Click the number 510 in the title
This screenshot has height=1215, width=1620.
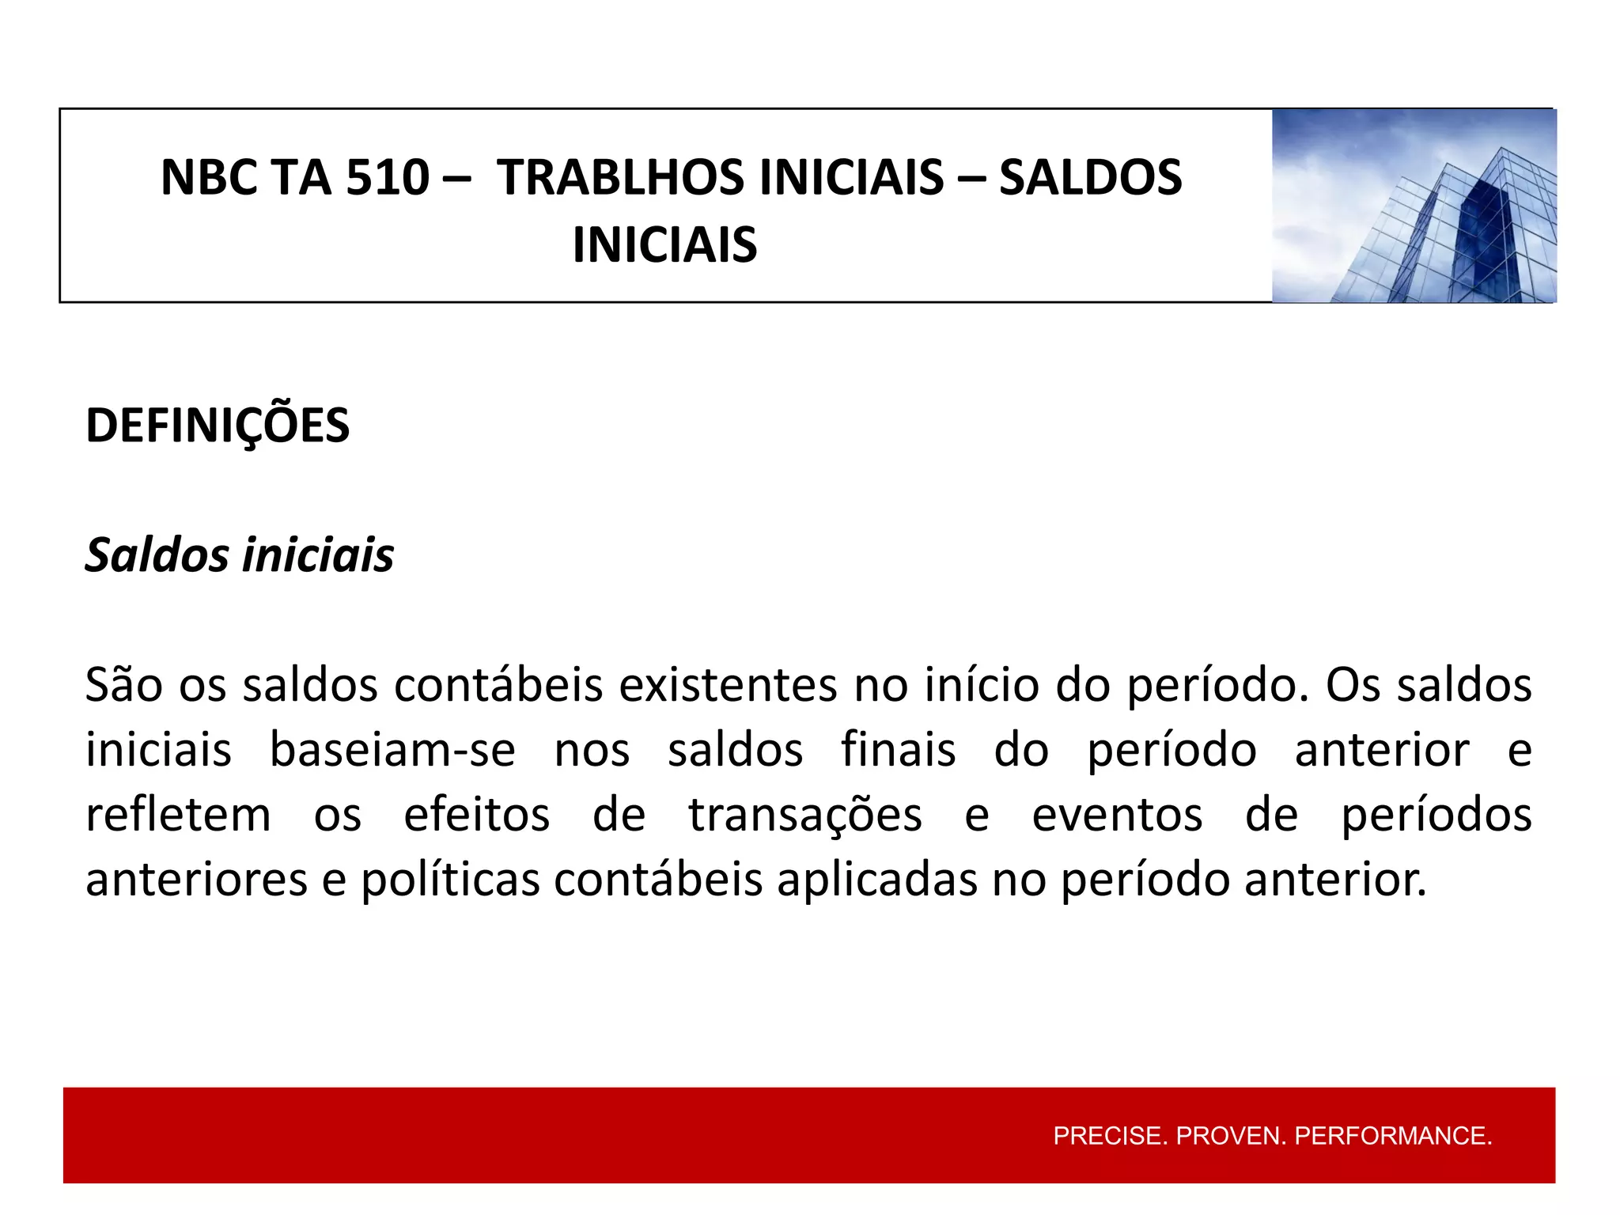pos(387,177)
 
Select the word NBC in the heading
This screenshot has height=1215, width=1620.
pos(205,177)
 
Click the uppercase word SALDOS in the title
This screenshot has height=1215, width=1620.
pos(1091,177)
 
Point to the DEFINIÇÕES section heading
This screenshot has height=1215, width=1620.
pos(218,426)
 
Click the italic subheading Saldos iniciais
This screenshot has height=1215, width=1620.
pos(239,555)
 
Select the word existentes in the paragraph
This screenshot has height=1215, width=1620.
pos(728,685)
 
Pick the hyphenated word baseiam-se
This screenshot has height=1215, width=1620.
pos(392,750)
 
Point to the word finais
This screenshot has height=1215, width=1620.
pos(898,750)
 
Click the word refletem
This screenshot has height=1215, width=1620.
pos(178,815)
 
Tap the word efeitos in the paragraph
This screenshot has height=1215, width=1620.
pos(476,815)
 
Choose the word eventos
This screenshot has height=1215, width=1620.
pos(1117,815)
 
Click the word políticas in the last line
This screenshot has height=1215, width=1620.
pos(450,880)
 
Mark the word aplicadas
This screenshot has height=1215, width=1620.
pos(877,880)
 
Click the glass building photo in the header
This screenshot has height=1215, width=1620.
pos(1414,206)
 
